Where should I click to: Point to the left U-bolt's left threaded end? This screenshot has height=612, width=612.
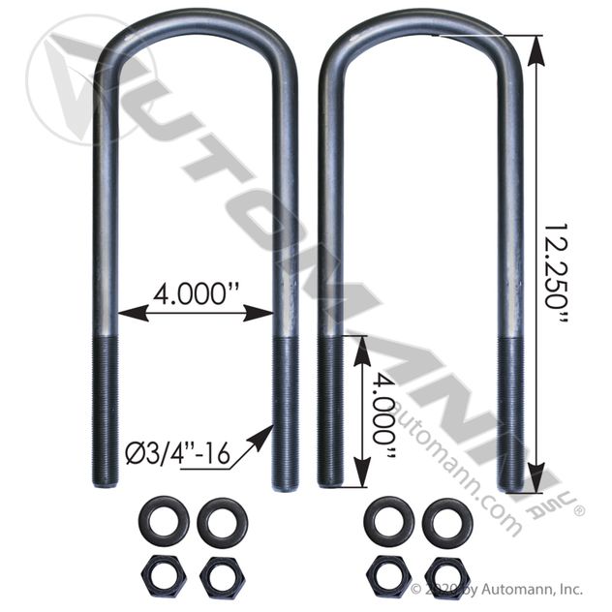(105, 407)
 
